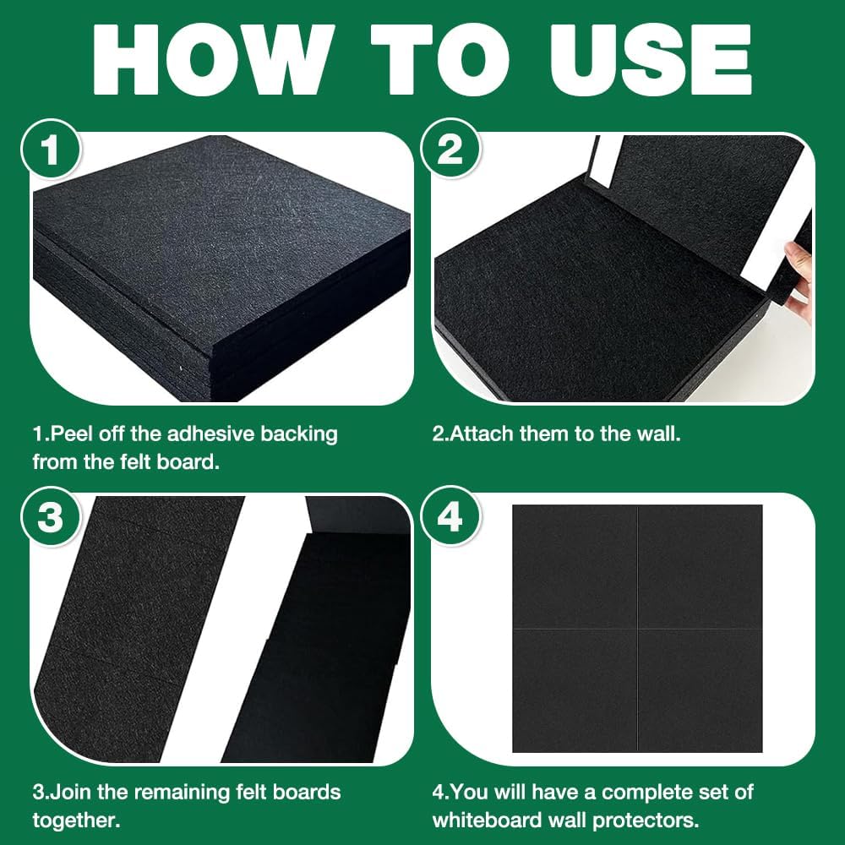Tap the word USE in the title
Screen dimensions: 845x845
click(651, 60)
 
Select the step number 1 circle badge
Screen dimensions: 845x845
click(52, 150)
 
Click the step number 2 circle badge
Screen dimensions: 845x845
click(450, 149)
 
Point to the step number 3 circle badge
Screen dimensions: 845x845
click(52, 517)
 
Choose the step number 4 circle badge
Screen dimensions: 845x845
click(450, 516)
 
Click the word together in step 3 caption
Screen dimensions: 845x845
click(76, 821)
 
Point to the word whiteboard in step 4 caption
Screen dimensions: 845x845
click(487, 820)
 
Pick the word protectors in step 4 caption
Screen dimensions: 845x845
click(646, 820)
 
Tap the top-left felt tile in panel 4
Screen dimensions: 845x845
click(575, 566)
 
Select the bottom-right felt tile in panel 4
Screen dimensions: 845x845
click(700, 690)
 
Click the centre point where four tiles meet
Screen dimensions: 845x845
click(637, 629)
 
